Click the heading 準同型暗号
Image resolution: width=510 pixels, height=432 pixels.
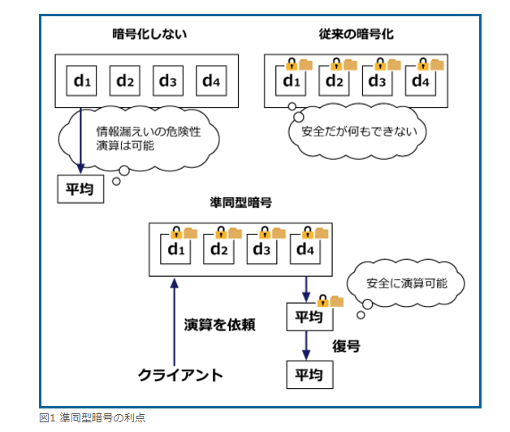coord(242,202)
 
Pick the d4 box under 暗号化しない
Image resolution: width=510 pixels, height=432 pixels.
coord(211,80)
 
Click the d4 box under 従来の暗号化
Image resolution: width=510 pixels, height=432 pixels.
coord(420,81)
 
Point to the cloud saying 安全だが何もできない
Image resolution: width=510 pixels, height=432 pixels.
coord(357,130)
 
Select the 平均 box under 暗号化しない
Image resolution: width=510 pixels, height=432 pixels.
coord(80,189)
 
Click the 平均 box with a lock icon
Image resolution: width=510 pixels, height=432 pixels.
coord(305,316)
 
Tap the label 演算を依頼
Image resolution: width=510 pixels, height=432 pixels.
coord(219,325)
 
